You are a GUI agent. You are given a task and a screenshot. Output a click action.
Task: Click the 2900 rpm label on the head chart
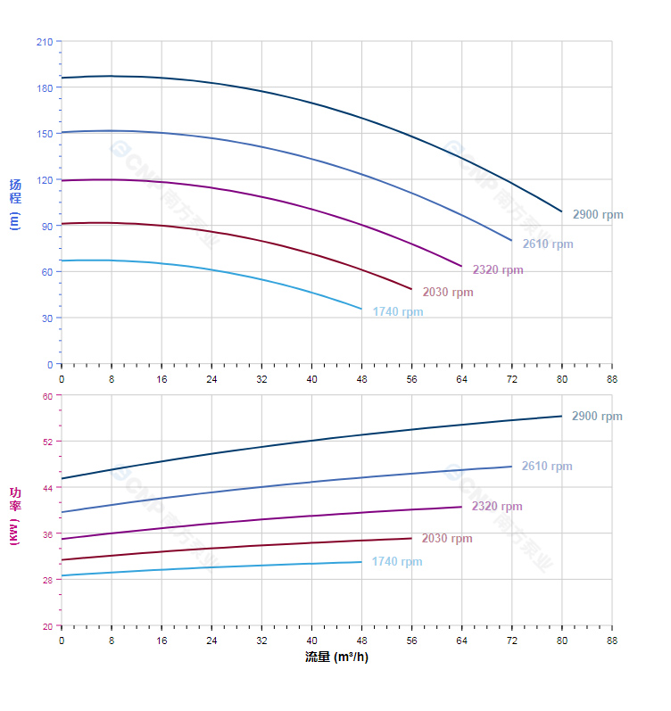[x=597, y=215]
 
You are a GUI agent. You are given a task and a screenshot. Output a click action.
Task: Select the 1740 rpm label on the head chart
[x=398, y=312]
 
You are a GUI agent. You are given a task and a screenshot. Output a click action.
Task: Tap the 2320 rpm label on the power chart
[x=497, y=507]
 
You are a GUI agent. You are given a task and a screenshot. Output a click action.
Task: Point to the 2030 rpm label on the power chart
[x=447, y=539]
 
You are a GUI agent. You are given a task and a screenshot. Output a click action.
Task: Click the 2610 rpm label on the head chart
[x=548, y=244]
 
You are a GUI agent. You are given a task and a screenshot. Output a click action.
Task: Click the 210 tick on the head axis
[x=44, y=41]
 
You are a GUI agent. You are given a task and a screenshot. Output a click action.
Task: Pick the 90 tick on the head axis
[x=46, y=226]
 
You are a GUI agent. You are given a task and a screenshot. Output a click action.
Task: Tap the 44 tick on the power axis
[x=47, y=487]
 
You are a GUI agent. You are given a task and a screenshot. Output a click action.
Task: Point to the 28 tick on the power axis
[x=47, y=580]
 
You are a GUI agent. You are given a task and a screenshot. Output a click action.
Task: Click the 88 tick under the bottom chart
[x=612, y=641]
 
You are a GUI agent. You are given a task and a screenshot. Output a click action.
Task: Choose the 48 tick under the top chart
[x=361, y=379]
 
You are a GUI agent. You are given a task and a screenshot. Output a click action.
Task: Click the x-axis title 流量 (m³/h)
[x=336, y=657]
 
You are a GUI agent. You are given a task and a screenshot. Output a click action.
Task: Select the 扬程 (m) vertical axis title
[x=14, y=203]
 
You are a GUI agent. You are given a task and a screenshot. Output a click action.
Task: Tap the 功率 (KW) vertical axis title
[x=14, y=515]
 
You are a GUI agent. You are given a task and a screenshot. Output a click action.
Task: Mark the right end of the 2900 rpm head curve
[x=562, y=211]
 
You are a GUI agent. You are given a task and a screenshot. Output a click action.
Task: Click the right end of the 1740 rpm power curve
[x=361, y=562]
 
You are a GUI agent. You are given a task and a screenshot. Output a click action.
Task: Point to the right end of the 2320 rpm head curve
[x=461, y=266]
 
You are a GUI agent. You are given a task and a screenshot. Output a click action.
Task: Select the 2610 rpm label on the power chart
[x=547, y=467]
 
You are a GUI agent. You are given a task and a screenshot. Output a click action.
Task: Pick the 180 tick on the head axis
[x=44, y=87]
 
